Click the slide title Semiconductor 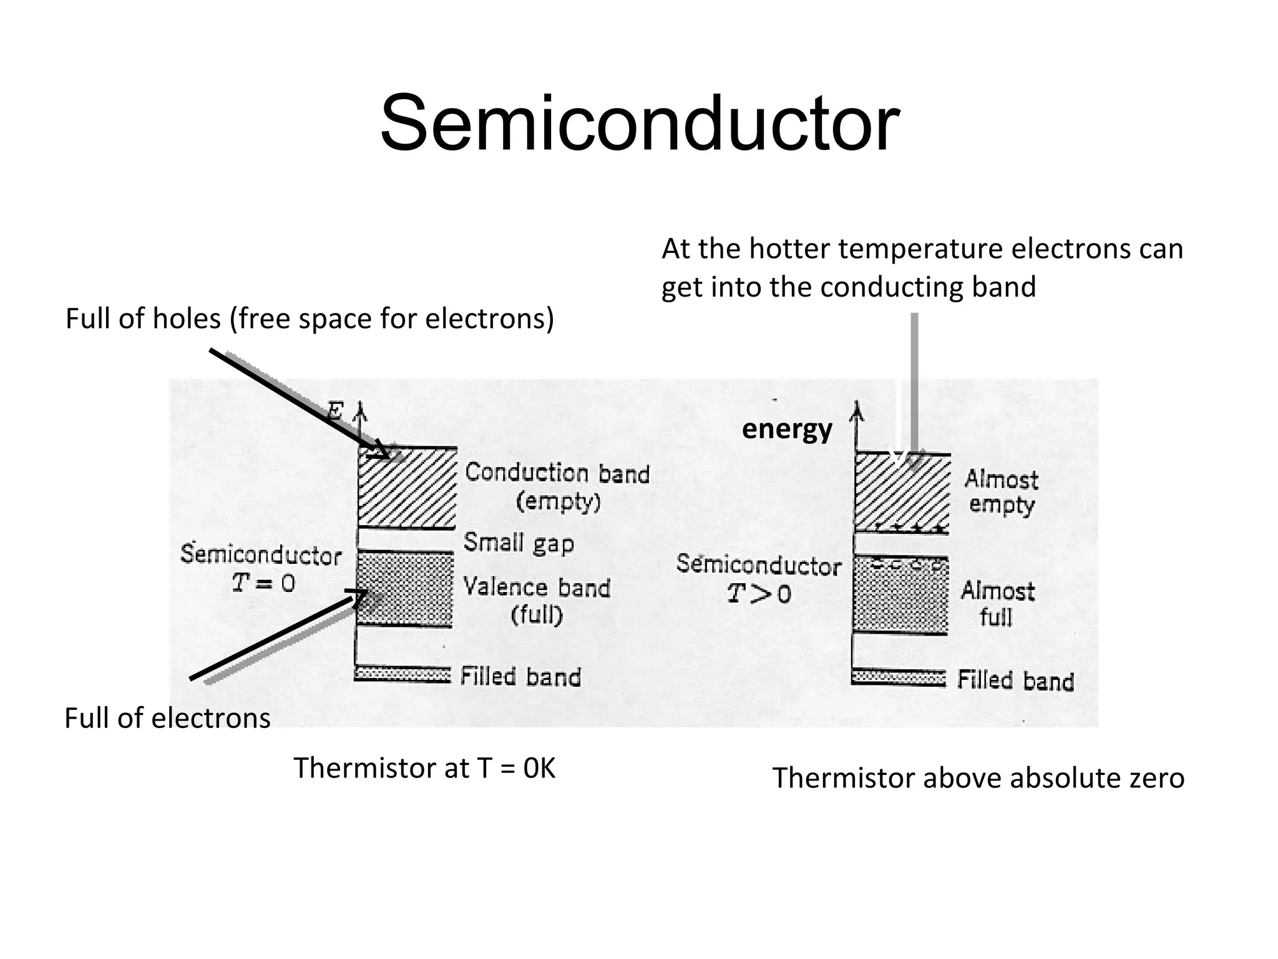point(639,123)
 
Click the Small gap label point(518,543)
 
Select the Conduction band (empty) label point(557,487)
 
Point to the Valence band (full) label point(537,601)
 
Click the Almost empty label point(1001,492)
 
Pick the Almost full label point(997,604)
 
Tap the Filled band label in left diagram point(520,677)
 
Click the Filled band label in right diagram point(1015,681)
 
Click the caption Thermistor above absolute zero point(978,779)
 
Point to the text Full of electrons point(167,719)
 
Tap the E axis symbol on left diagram point(335,411)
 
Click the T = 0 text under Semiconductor point(263,584)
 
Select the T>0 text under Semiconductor point(759,594)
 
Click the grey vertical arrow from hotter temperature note point(914,381)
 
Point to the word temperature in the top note point(920,250)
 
